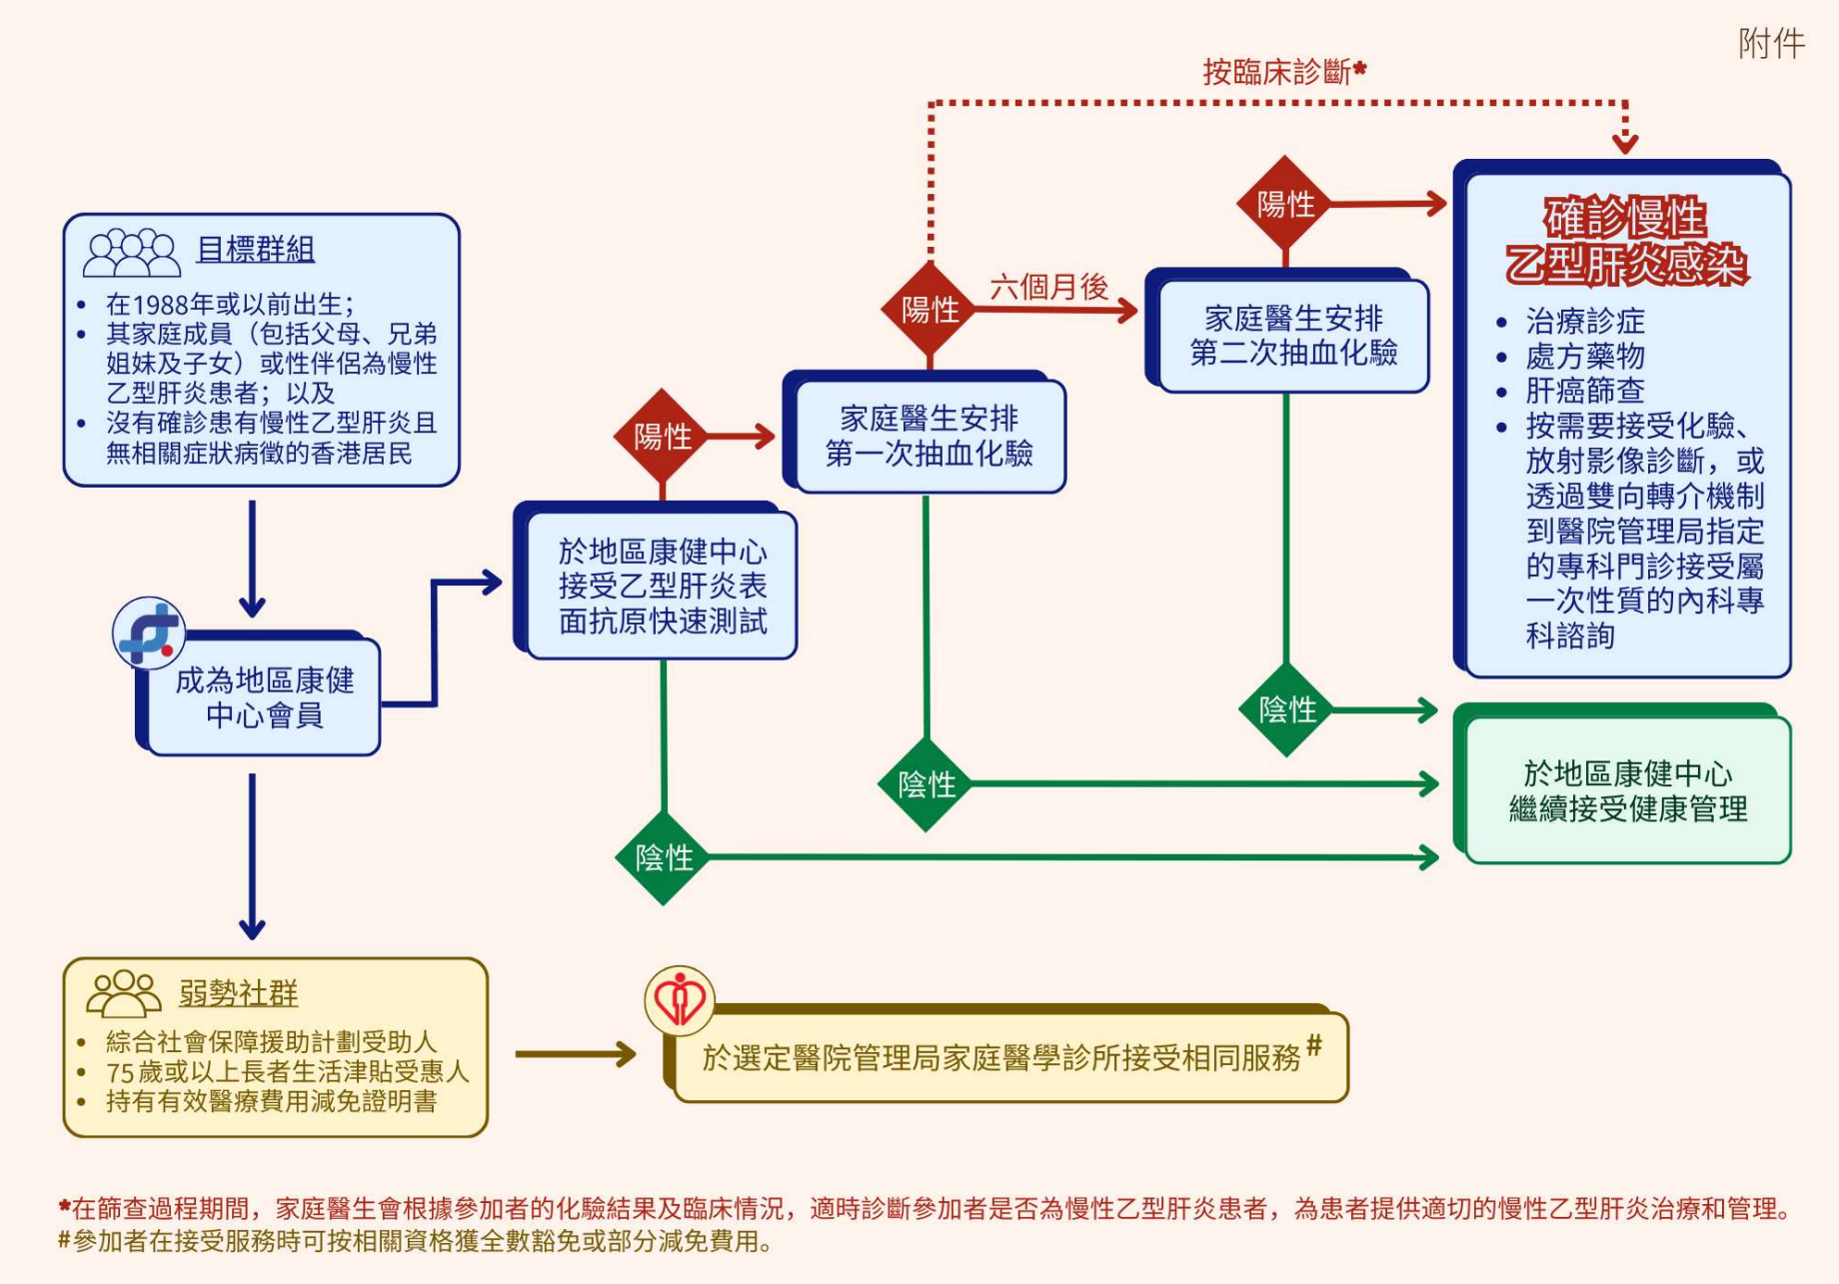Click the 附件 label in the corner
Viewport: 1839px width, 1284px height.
coord(1771,44)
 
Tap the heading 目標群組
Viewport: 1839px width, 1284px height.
coord(255,249)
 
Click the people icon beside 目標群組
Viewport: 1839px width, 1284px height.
coord(131,252)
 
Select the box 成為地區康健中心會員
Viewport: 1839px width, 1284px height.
coord(264,697)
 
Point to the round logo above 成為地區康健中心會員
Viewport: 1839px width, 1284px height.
coord(149,633)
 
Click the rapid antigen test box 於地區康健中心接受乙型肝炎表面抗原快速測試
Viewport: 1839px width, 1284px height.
coord(662,586)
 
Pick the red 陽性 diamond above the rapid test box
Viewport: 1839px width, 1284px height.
coord(662,437)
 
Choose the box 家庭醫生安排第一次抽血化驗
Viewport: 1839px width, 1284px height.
coord(928,436)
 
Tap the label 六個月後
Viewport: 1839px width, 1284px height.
coord(1048,288)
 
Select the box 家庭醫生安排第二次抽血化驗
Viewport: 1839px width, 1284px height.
coord(1292,336)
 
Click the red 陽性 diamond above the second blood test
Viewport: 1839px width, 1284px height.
coord(1285,204)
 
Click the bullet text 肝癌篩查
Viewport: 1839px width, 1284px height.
coord(1584,391)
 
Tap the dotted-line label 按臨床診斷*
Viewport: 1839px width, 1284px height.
coord(1283,72)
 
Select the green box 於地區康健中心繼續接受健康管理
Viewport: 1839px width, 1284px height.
coord(1627,790)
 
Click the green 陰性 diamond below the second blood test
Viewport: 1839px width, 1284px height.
coord(1286,709)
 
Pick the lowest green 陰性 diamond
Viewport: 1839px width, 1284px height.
coord(663,857)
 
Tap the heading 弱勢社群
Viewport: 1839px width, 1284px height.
coord(238,993)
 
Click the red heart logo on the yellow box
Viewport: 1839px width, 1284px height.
coord(680,999)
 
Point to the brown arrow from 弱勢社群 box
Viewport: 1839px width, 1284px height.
coord(576,1054)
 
